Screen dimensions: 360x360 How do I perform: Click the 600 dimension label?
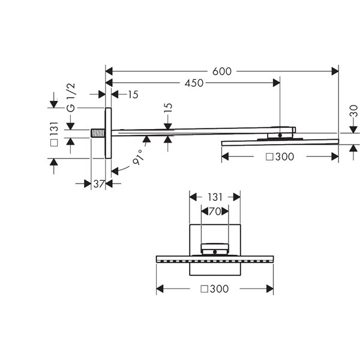(x=222, y=71)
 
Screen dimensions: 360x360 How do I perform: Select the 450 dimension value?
(x=194, y=83)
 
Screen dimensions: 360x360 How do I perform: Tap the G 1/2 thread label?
(x=71, y=98)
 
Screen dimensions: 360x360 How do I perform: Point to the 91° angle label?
(x=139, y=157)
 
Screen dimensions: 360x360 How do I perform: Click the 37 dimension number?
(x=99, y=184)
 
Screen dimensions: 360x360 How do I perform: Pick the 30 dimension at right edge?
(x=354, y=110)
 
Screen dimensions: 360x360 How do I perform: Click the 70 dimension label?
(x=215, y=211)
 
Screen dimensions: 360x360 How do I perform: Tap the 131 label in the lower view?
(x=215, y=197)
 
